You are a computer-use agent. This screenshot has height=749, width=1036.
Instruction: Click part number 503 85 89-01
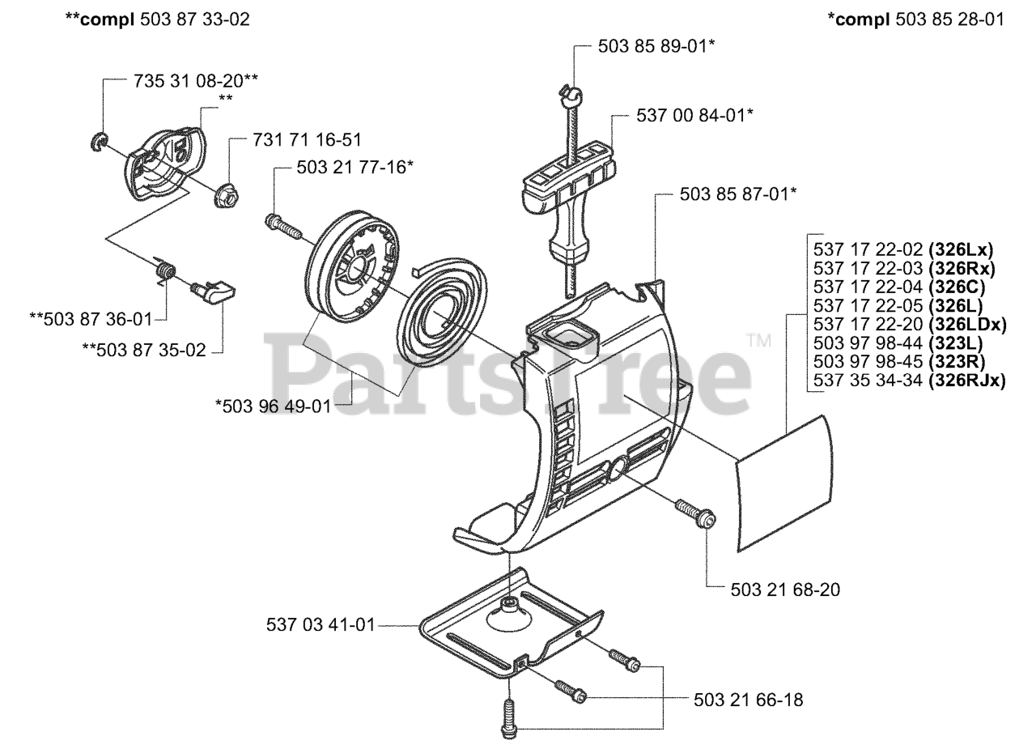tap(656, 46)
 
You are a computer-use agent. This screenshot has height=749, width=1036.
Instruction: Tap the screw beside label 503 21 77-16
tap(282, 224)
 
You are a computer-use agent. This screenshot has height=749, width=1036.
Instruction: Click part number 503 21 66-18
tap(749, 700)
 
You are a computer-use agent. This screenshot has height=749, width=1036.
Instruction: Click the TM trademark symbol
tap(758, 340)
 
